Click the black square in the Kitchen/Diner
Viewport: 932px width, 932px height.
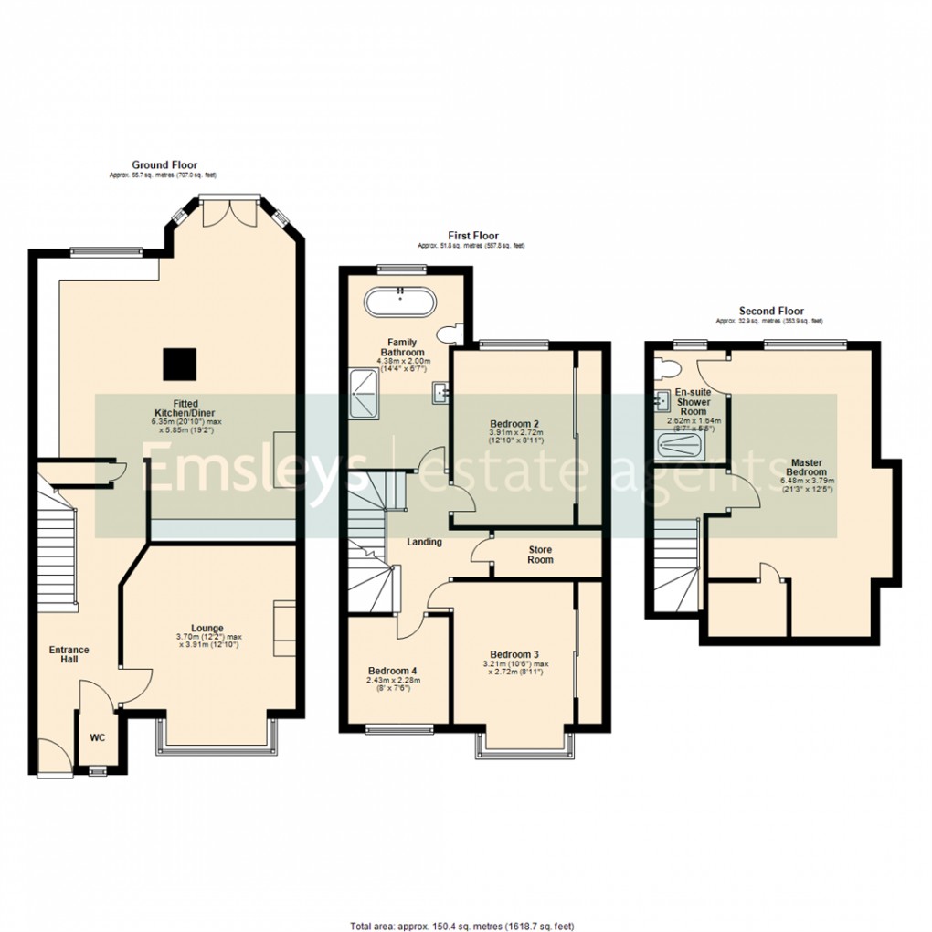tap(180, 364)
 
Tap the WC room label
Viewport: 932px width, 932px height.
tap(98, 737)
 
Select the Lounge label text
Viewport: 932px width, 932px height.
tap(207, 628)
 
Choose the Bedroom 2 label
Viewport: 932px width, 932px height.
tap(514, 424)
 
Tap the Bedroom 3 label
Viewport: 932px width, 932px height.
tap(514, 654)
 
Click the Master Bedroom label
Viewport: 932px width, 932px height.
tap(809, 467)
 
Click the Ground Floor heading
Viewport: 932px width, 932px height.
tap(164, 164)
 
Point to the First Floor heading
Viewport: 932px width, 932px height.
tap(472, 236)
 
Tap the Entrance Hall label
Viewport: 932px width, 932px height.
tap(69, 655)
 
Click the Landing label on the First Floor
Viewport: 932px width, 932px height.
tap(424, 542)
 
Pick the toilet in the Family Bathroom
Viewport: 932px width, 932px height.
tap(451, 334)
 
